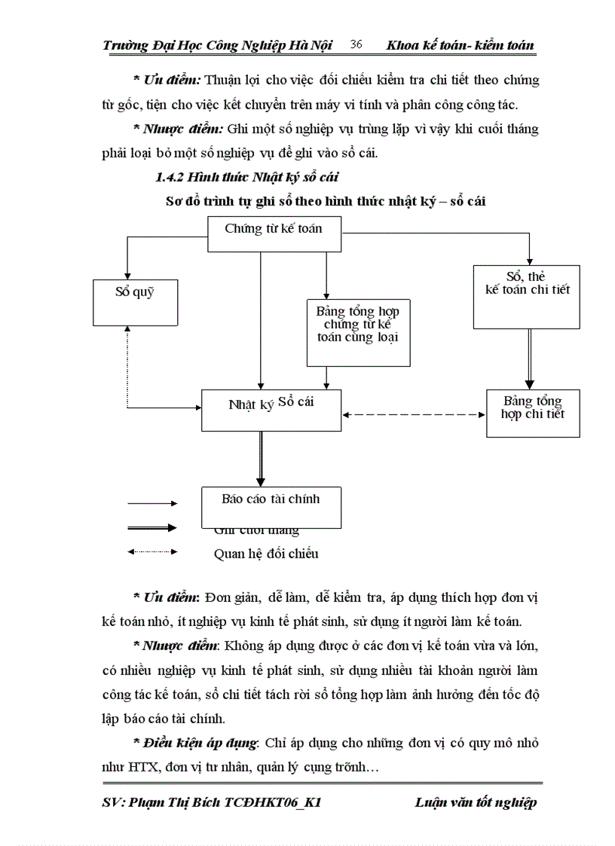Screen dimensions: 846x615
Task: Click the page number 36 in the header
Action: [x=356, y=45]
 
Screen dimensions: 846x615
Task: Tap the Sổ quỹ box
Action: [x=135, y=301]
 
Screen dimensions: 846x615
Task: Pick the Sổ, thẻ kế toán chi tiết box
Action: [x=527, y=296]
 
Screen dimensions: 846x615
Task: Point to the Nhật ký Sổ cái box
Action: [x=271, y=410]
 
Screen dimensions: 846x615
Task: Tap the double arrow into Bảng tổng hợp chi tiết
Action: [x=530, y=359]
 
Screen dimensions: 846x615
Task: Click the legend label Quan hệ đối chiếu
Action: [x=265, y=554]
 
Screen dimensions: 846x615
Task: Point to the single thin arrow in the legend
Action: [x=152, y=502]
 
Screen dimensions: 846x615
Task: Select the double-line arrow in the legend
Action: [x=152, y=528]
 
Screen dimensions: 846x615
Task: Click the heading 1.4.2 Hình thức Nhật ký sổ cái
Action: [x=246, y=179]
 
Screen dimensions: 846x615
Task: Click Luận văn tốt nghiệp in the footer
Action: [x=476, y=802]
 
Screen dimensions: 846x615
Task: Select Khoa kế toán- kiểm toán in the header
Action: [x=460, y=45]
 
